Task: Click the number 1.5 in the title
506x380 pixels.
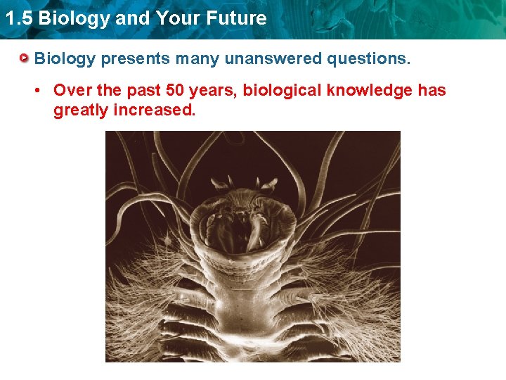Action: pos(18,18)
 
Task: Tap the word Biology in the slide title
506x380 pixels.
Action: pos(74,18)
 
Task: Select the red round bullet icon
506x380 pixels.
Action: pos(25,58)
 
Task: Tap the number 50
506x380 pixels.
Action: pos(175,91)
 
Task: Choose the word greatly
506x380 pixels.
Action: pos(80,110)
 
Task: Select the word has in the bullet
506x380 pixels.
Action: pos(432,91)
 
